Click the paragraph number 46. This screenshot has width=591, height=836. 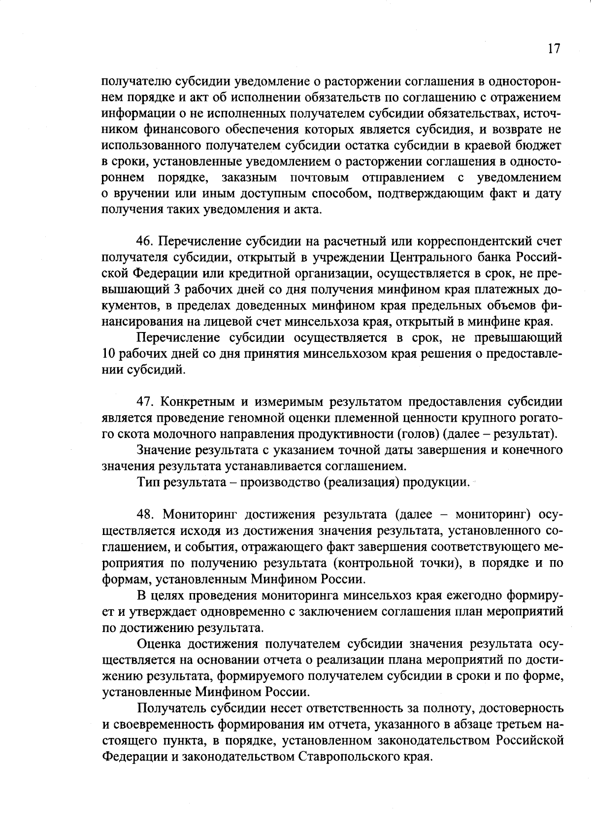click(145, 241)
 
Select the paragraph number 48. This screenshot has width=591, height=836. click(146, 515)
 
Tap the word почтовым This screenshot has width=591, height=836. click(320, 177)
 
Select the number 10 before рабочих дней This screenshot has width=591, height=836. click(109, 354)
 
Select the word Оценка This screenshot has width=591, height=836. click(159, 643)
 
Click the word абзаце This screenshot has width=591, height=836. click(469, 724)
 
